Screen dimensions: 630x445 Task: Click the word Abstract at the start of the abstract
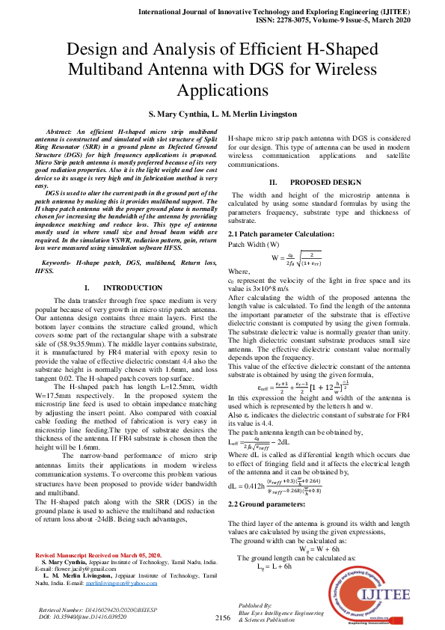(x=63, y=131)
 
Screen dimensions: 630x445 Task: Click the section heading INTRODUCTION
(x=132, y=287)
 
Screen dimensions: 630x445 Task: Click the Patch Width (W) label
(x=254, y=245)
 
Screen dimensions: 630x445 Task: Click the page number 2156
(x=223, y=617)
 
